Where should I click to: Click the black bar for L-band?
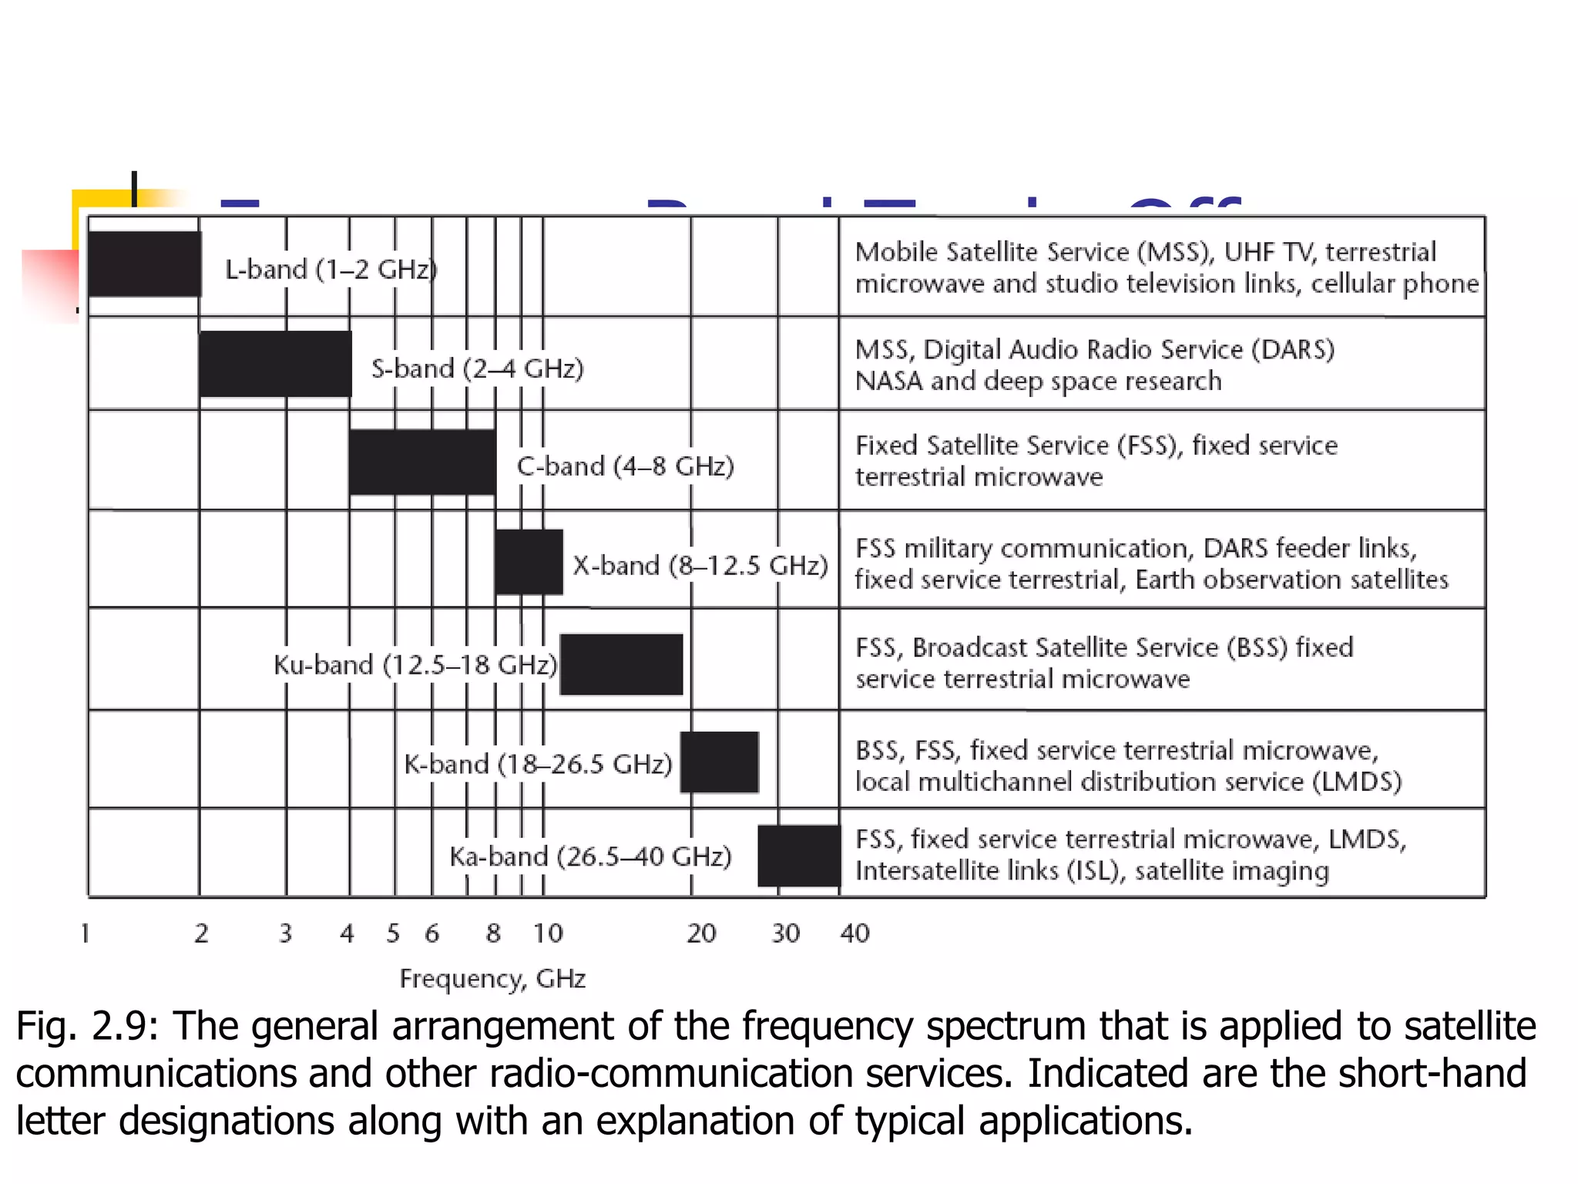tap(144, 264)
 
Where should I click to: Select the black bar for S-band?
tap(275, 364)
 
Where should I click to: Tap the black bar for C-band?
tap(422, 462)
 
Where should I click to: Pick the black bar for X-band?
tap(529, 562)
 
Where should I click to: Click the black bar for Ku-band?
tap(622, 664)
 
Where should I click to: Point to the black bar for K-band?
tap(720, 762)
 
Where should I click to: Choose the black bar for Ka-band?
tap(799, 856)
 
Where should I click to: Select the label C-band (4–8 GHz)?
tap(625, 466)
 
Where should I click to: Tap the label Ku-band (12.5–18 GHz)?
tap(415, 664)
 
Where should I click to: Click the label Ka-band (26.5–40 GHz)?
tap(590, 856)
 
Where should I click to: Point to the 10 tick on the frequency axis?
tap(548, 933)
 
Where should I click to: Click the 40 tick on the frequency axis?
tap(854, 933)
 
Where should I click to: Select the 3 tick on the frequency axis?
tap(285, 933)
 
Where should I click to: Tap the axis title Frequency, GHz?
tap(492, 979)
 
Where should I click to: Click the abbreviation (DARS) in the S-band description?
tap(1293, 350)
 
